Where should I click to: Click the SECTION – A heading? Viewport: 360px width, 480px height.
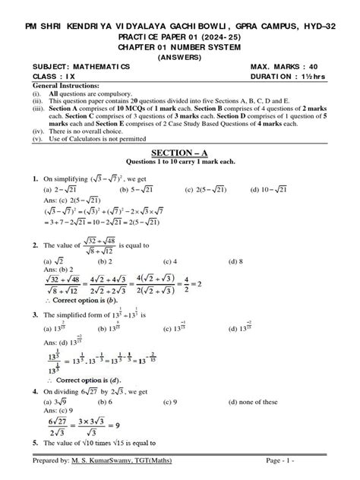(x=180, y=153)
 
